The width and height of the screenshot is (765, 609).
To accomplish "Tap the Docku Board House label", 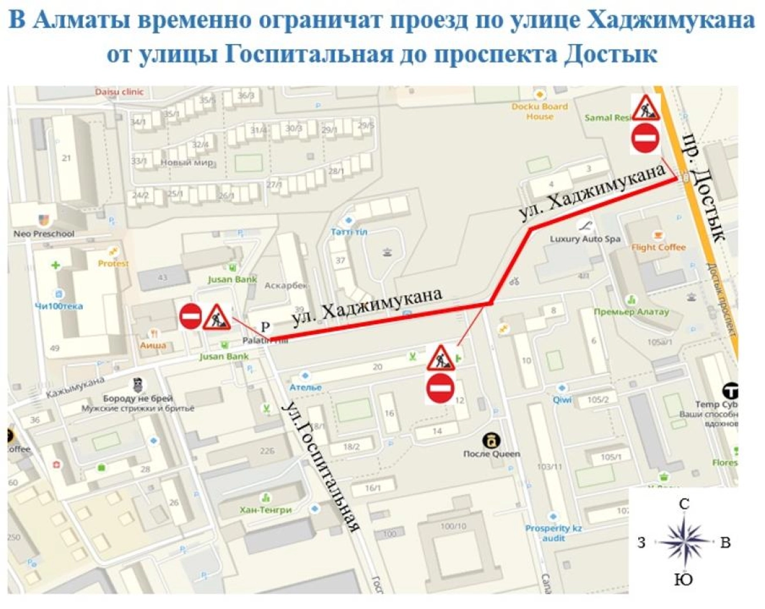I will [539, 112].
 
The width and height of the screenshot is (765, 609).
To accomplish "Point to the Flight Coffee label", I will [659, 247].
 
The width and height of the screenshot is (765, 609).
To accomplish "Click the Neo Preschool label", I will [44, 233].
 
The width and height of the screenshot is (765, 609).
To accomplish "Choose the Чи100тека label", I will [59, 306].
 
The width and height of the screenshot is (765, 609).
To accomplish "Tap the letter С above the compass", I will [684, 504].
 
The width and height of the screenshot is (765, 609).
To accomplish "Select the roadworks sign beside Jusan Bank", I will [217, 316].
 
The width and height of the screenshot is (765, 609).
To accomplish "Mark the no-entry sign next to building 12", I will [440, 388].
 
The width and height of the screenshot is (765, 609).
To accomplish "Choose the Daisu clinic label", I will [119, 92].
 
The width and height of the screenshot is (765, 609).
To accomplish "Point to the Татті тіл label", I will [348, 231].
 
